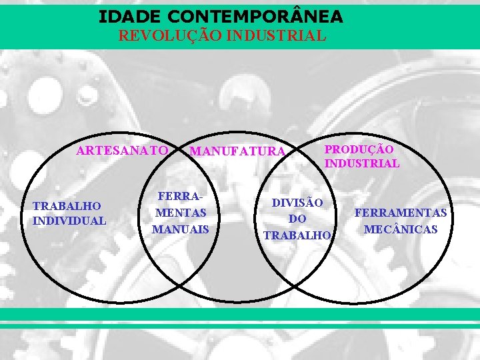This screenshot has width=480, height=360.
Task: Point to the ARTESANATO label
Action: pos(122,151)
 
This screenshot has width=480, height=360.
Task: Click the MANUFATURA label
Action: pos(237,152)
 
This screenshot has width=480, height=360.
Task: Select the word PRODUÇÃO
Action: pos(359,150)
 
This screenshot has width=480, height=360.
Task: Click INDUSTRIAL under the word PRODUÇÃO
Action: pos(362,163)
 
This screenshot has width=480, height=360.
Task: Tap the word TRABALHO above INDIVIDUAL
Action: pos(67,207)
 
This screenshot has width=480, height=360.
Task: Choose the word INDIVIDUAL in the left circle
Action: pos(69,220)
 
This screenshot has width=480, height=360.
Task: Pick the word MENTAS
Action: pos(180,213)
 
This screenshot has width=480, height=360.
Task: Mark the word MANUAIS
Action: pos(180,229)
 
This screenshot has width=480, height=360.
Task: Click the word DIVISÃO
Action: pos(297,203)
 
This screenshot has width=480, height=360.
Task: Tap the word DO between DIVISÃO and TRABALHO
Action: pos(297,219)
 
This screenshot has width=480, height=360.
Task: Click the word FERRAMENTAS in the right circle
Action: pos(401,213)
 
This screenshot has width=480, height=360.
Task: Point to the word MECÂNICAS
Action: pos(401,229)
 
